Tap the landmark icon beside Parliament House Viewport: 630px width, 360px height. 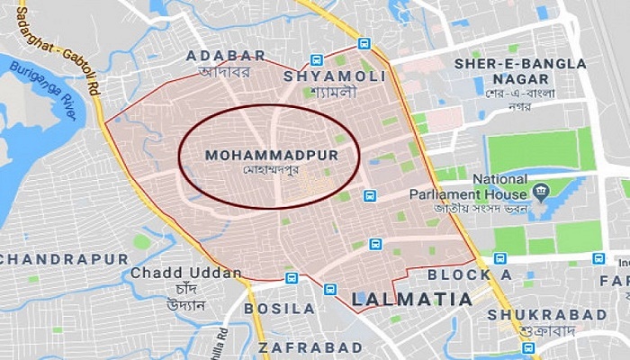[x=541, y=191]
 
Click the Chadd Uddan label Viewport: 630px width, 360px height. [x=185, y=273]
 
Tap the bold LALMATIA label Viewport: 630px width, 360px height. [x=411, y=298]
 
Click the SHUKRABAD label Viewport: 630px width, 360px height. [x=547, y=314]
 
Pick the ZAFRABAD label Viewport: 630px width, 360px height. [x=310, y=346]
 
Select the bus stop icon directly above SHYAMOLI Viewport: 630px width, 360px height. [x=364, y=43]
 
